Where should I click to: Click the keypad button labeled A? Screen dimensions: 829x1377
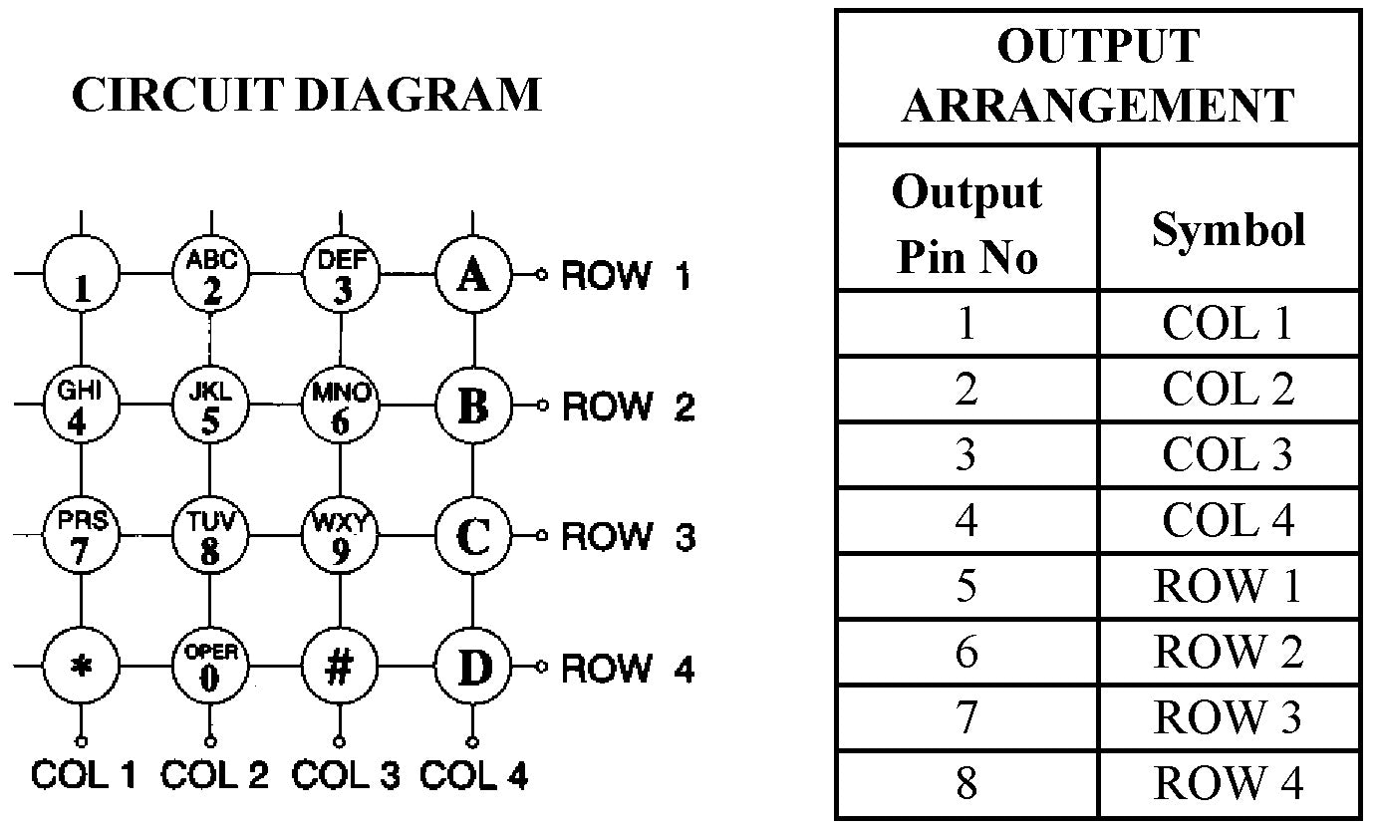[473, 274]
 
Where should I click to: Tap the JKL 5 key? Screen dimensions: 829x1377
[210, 406]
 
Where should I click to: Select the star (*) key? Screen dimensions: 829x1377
[82, 666]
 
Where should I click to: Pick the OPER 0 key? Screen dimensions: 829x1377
[210, 666]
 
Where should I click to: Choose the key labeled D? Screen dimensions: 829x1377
[473, 666]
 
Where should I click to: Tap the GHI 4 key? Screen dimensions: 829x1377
[80, 406]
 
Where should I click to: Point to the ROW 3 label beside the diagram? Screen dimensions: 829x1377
[628, 537]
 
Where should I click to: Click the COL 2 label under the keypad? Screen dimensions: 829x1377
[215, 774]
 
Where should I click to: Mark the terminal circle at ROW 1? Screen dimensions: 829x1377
[543, 274]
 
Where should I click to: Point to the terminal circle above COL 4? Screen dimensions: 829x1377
[472, 740]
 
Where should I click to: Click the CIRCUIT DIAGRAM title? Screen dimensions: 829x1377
[307, 95]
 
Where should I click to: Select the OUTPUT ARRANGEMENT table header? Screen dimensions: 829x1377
[1097, 76]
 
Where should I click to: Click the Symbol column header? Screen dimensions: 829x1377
[1229, 229]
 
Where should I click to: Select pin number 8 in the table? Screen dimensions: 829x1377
[966, 783]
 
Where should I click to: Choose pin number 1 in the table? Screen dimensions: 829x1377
[966, 324]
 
